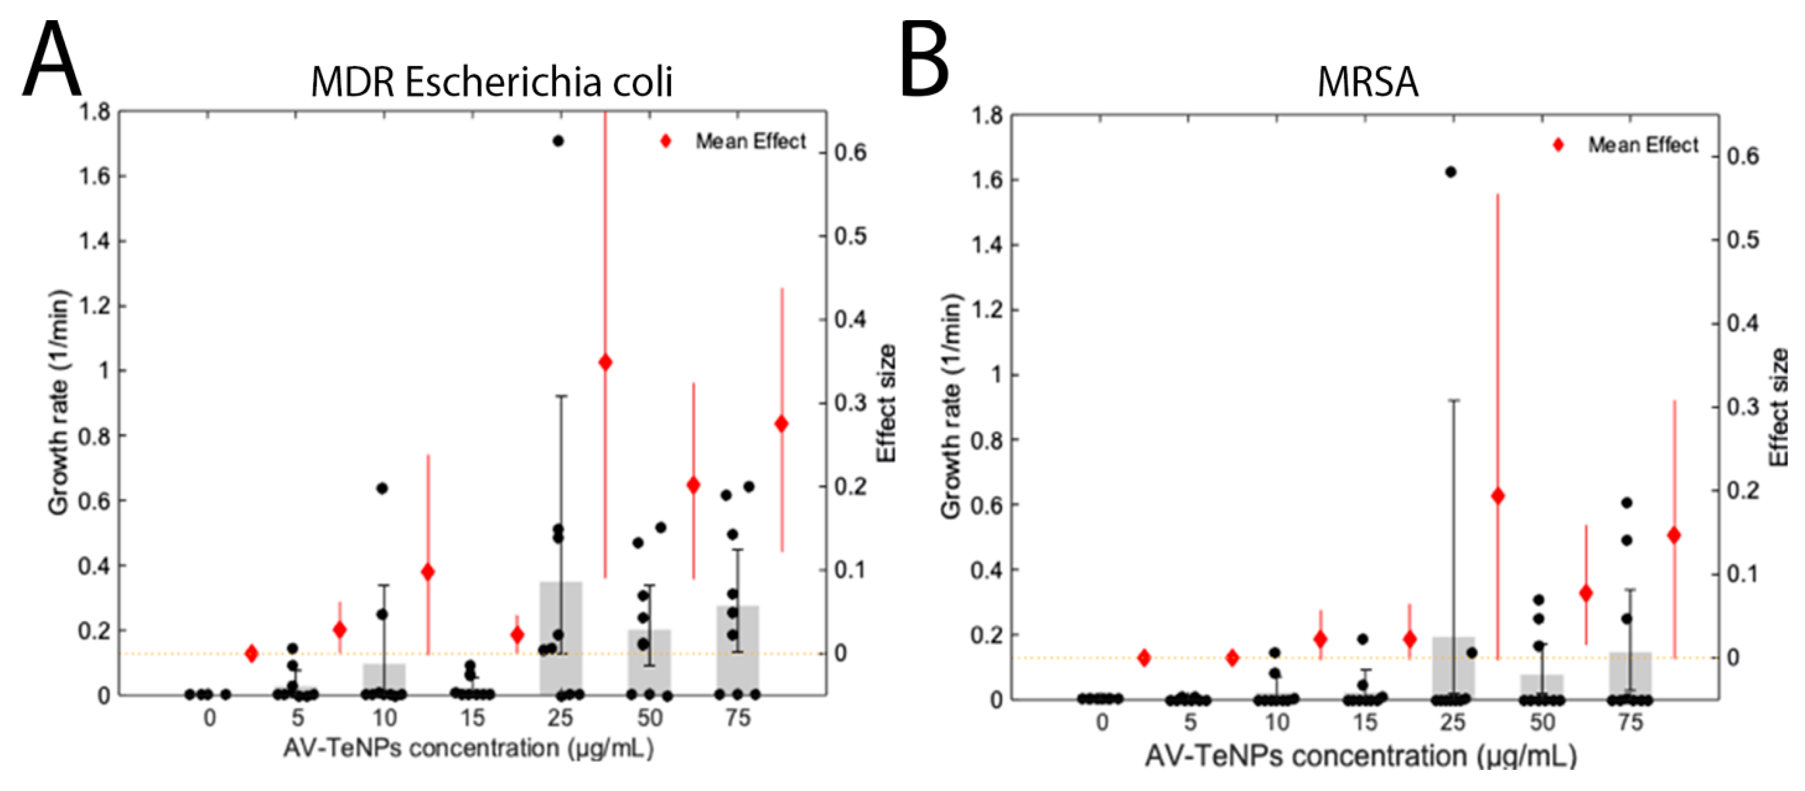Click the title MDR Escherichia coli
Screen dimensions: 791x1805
coord(491,83)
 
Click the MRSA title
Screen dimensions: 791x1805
coord(1368,83)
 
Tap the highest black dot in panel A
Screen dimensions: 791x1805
coord(558,141)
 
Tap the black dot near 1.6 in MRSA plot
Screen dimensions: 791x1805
coord(1451,172)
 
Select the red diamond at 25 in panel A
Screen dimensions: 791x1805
coord(606,363)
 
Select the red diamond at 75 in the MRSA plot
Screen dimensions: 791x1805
coord(1674,535)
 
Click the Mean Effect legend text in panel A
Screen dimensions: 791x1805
coord(750,142)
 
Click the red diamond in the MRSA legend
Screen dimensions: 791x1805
coord(1558,145)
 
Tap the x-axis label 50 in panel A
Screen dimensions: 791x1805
coord(650,718)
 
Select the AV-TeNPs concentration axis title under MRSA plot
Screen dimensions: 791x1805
coord(1361,756)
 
